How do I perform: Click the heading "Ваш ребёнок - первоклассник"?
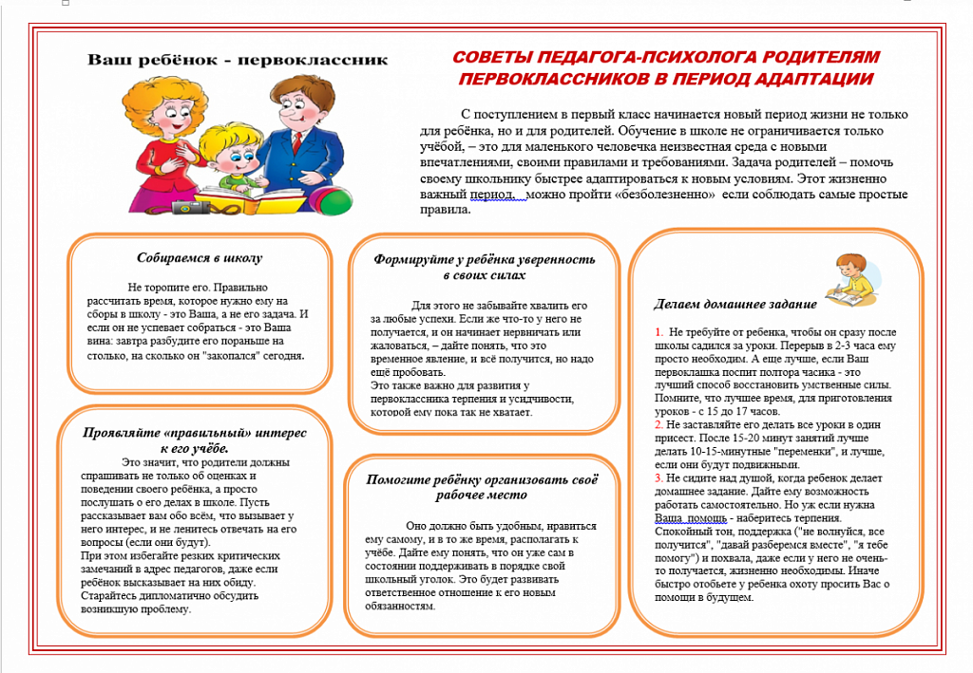coord(238,60)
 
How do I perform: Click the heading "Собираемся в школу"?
coord(200,257)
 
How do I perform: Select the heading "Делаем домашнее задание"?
coord(735,304)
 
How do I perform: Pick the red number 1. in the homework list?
coord(659,331)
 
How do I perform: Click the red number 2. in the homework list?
coord(659,424)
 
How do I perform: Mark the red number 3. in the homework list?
coord(659,478)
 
